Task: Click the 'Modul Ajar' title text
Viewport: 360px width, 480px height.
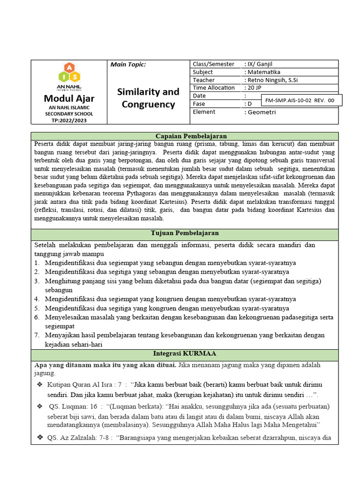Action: point(69,98)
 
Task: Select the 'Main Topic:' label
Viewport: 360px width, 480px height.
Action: point(128,65)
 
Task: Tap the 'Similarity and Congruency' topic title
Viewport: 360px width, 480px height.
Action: point(148,98)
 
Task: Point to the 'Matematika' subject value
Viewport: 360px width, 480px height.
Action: point(264,72)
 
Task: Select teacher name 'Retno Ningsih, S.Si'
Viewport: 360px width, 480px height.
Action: point(272,80)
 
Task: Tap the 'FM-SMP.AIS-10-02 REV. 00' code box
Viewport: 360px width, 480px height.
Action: point(300,100)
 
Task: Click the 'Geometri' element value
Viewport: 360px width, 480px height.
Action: point(262,112)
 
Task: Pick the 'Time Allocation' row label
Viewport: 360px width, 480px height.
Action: point(214,88)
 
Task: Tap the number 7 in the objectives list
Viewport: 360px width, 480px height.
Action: point(37,335)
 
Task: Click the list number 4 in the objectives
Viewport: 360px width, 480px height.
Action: point(37,299)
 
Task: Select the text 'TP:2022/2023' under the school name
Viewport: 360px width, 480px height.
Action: point(69,120)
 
